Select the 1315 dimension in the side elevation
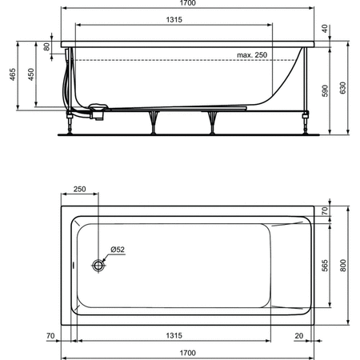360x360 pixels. pyautogui.click(x=167, y=22)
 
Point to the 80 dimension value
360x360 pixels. pyautogui.click(x=47, y=46)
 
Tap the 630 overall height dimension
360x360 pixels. pyautogui.click(x=343, y=88)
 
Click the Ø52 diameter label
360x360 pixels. pyautogui.click(x=117, y=250)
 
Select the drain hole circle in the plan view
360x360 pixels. pyautogui.click(x=98, y=264)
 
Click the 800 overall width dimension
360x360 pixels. pyautogui.click(x=342, y=265)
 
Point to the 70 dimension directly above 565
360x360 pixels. pyautogui.click(x=324, y=212)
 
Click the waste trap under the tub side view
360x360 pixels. pyautogui.click(x=98, y=111)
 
